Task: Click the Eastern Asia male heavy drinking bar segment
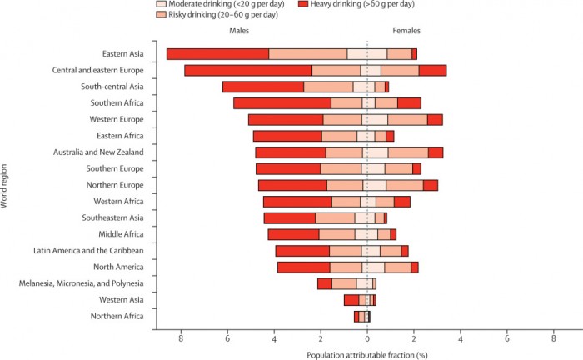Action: (x=217, y=54)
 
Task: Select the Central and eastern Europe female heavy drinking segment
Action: (x=432, y=70)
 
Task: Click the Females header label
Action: (x=406, y=31)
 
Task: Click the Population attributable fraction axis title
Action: (x=367, y=355)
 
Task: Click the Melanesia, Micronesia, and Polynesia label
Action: (x=82, y=283)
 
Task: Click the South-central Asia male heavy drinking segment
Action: (x=263, y=87)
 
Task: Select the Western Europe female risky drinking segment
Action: (x=407, y=119)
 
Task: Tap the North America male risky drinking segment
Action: (x=346, y=267)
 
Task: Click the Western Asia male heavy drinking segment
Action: (x=351, y=300)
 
